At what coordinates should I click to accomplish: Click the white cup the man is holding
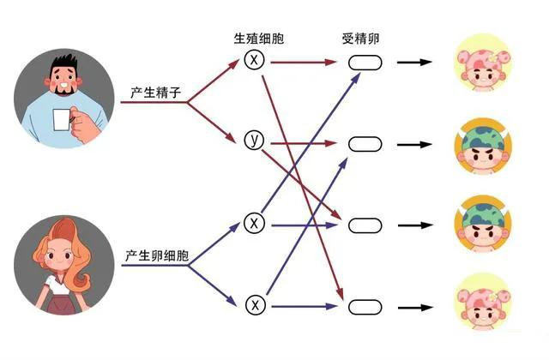tap(61, 119)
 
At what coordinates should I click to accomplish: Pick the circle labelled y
tap(253, 140)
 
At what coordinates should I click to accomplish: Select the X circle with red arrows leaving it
tap(253, 60)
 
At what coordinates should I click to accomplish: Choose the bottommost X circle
tap(253, 303)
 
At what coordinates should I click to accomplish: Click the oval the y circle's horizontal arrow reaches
tap(365, 143)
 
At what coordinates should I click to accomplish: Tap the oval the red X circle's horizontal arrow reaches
tap(365, 63)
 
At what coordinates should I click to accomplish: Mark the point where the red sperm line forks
tap(188, 102)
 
